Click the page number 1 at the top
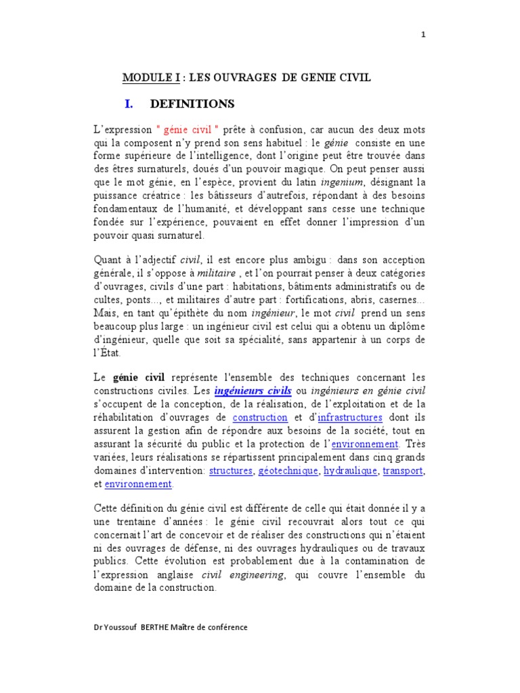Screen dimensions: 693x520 [x=423, y=36]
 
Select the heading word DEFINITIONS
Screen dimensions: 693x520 [x=192, y=104]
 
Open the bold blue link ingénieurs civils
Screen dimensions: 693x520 [x=253, y=391]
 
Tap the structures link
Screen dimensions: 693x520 [x=230, y=470]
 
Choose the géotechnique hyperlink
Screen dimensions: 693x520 [x=288, y=470]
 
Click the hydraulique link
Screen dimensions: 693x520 [x=349, y=470]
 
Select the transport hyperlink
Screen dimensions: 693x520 [x=404, y=470]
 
